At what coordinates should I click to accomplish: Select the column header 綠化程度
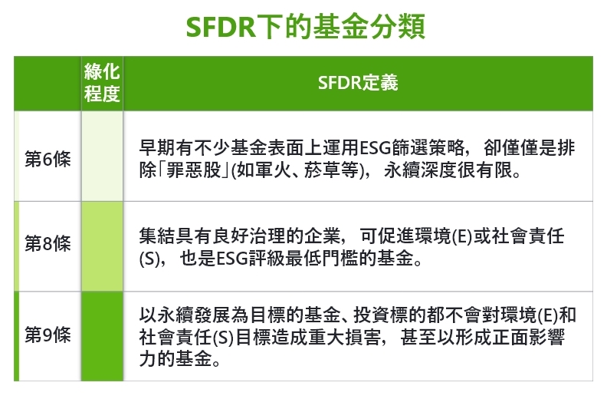(x=102, y=83)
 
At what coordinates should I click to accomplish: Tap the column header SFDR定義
(x=358, y=83)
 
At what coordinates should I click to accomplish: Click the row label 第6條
(x=48, y=157)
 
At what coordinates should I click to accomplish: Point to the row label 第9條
(x=48, y=335)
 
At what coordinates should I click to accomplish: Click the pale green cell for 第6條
(x=102, y=157)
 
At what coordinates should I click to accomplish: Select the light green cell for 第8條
(x=102, y=246)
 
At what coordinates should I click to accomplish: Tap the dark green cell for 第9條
(x=102, y=336)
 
